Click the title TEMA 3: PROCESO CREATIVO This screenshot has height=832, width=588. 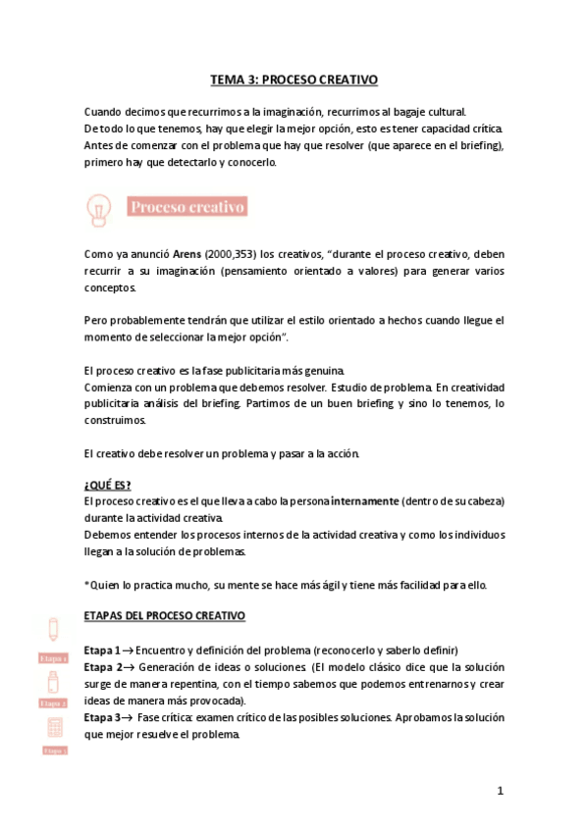[x=294, y=79]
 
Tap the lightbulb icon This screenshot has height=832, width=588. [x=98, y=208]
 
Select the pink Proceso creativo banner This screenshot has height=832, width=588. [x=187, y=207]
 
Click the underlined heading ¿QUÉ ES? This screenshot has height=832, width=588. [x=108, y=485]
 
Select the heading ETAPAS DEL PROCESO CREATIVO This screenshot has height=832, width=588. [x=165, y=616]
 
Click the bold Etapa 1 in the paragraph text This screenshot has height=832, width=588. [x=102, y=650]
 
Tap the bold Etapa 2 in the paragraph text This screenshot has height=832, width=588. [x=102, y=667]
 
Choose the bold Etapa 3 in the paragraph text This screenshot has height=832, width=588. [x=102, y=717]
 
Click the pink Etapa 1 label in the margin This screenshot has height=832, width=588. [x=53, y=658]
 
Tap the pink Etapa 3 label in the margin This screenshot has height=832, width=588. [x=54, y=751]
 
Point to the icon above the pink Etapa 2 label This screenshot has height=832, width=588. [x=53, y=680]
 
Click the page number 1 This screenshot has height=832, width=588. [x=500, y=791]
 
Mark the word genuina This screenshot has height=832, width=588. [x=320, y=370]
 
